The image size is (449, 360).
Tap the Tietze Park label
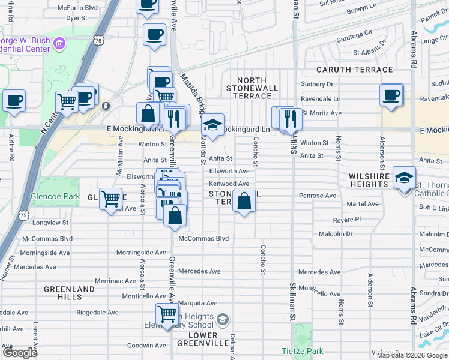click(302, 351)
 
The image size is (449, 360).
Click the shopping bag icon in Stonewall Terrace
click(244, 202)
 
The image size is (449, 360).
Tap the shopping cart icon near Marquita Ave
click(167, 314)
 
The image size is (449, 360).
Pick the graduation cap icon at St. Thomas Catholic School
click(405, 178)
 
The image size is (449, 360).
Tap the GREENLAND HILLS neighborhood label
click(69, 293)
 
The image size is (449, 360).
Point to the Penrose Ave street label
click(318, 196)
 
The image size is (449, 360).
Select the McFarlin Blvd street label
click(77, 8)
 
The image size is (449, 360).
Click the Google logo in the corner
click(20, 353)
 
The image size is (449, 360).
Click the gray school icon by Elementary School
click(223, 319)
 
